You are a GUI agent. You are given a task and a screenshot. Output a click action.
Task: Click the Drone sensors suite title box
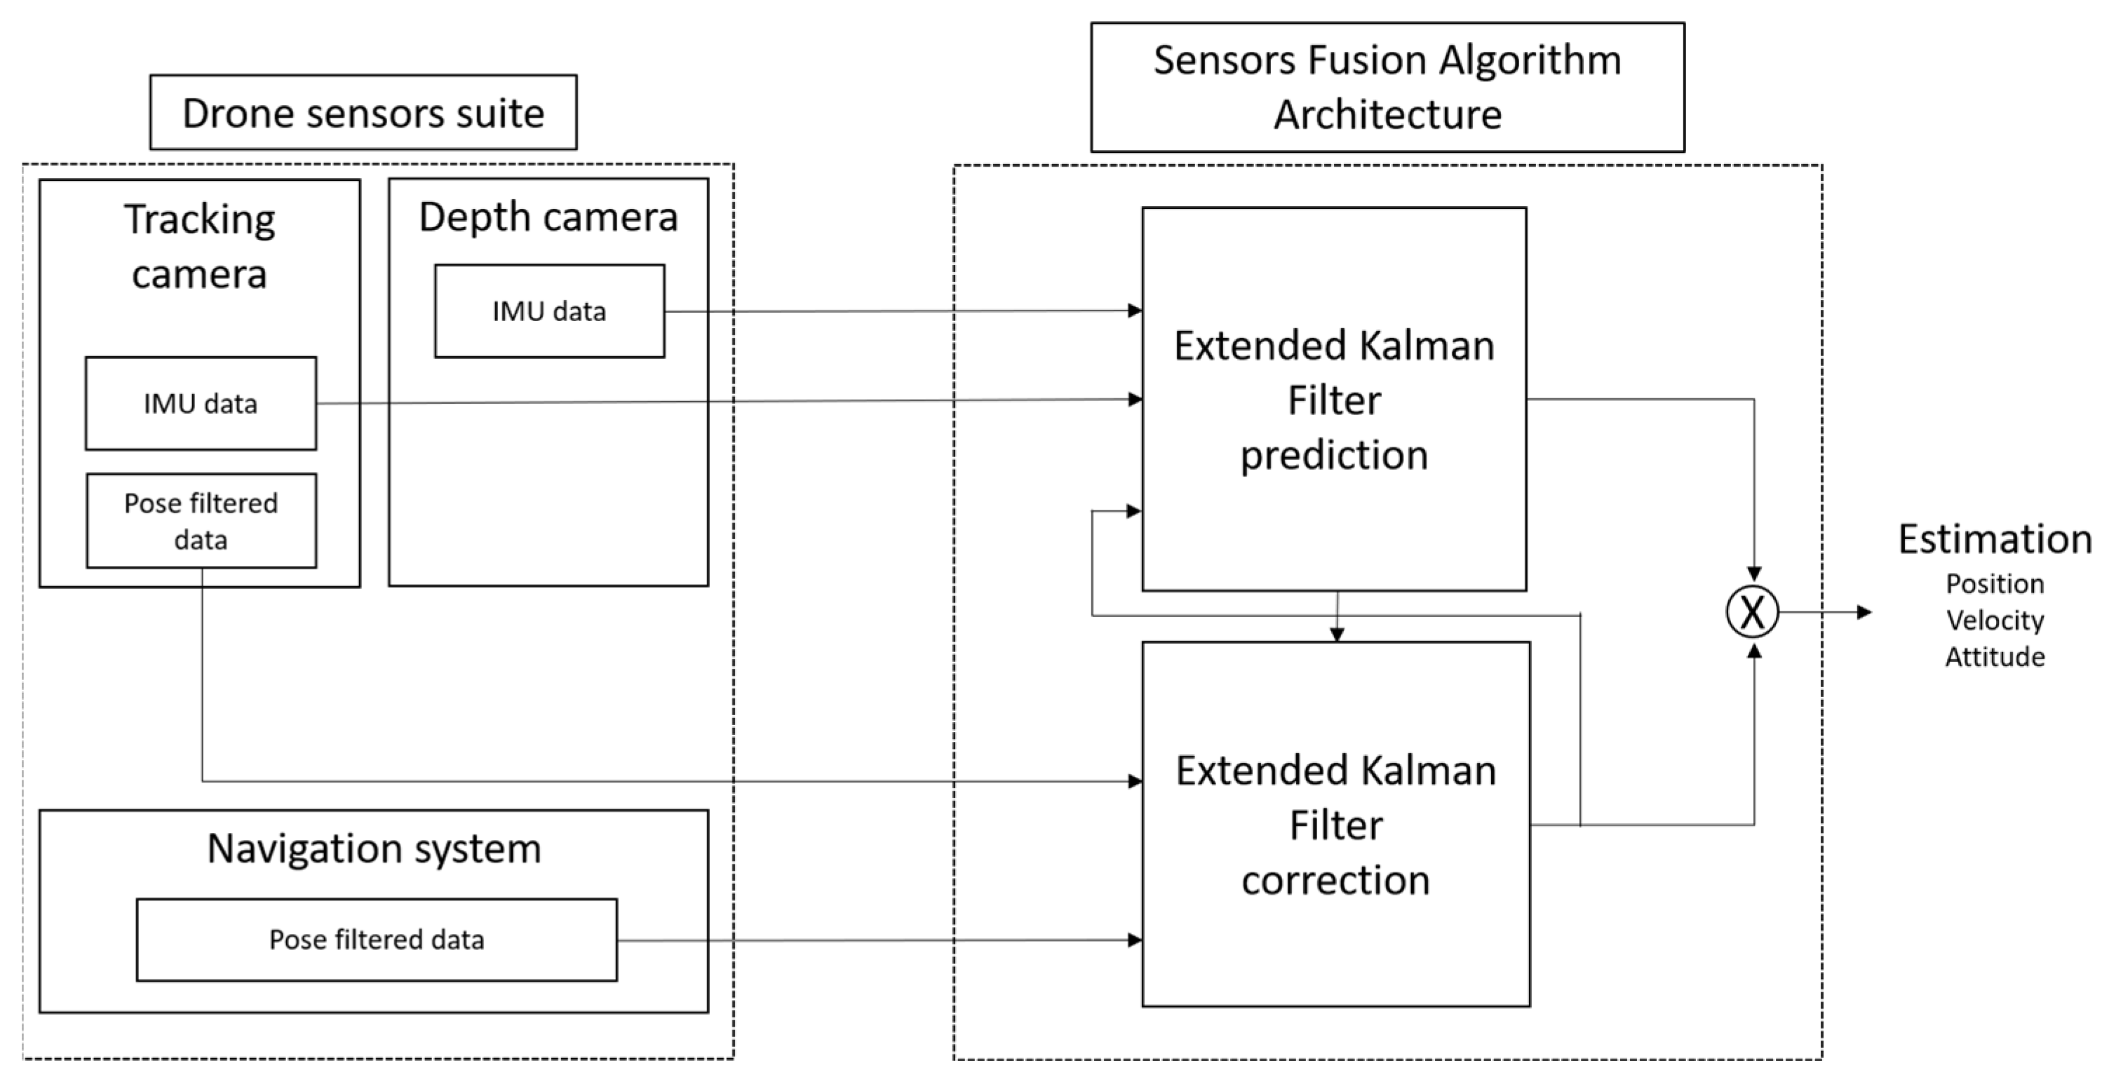pos(363,113)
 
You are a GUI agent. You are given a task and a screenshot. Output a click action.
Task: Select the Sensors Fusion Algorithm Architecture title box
pos(1387,86)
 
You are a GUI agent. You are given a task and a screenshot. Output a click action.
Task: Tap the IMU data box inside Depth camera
pos(549,311)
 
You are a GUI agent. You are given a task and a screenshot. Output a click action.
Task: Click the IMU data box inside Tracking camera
pos(201,403)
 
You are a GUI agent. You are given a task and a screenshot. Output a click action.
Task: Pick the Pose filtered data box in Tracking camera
pos(201,520)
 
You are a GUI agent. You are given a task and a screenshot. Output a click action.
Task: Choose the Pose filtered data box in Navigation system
pos(376,940)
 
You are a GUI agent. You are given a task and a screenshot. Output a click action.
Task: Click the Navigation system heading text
pos(374,848)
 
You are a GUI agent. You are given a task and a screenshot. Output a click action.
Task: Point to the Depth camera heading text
pos(548,217)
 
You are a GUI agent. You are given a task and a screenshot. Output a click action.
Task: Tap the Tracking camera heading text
pos(199,245)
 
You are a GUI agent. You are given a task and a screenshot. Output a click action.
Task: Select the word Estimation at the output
pos(1994,539)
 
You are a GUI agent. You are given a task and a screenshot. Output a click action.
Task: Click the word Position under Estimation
pos(1994,584)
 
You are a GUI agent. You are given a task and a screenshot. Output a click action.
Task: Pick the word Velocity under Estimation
pos(1994,620)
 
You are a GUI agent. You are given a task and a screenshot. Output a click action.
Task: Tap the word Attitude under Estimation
pos(1994,656)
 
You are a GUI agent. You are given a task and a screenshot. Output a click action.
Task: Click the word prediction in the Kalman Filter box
pos(1334,455)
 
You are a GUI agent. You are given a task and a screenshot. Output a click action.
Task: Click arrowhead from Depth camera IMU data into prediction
pos(1134,310)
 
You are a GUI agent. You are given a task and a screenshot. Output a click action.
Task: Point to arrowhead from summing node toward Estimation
pos(1864,611)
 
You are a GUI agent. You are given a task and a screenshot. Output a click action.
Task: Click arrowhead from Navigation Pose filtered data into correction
pos(1134,940)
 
